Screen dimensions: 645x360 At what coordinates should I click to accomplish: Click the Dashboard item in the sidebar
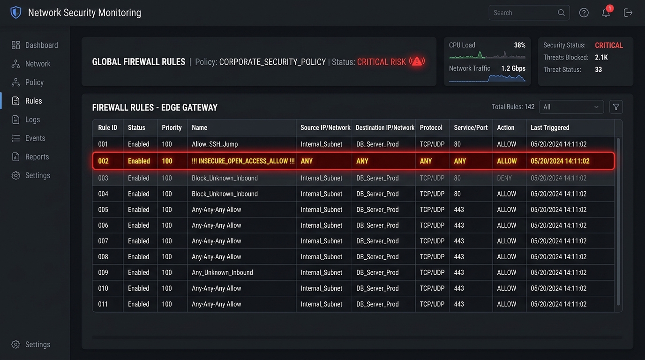(35, 45)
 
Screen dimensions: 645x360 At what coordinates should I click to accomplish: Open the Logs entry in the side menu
(26, 120)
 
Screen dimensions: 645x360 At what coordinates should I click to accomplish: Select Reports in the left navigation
(30, 157)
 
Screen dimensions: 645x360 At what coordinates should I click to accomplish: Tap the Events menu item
(28, 138)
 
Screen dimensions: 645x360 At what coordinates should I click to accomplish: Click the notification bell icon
(606, 13)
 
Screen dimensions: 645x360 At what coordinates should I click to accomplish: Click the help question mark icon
(584, 13)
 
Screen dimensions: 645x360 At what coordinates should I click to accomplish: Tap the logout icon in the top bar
(628, 13)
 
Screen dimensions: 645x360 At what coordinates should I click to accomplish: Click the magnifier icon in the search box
(561, 13)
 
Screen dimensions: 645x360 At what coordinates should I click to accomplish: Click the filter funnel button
(616, 107)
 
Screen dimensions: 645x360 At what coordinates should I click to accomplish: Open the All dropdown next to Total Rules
(571, 107)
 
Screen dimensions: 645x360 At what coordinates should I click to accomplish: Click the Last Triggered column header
(550, 127)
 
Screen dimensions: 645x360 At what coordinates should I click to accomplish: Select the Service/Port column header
(471, 127)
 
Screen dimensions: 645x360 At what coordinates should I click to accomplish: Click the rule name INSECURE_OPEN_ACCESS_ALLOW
(243, 161)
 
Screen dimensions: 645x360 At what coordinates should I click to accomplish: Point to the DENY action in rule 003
(504, 178)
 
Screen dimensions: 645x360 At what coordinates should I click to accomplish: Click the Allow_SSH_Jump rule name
(215, 144)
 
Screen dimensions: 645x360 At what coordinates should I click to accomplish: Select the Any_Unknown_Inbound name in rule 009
(222, 272)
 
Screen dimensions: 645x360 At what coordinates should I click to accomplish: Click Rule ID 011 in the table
(103, 304)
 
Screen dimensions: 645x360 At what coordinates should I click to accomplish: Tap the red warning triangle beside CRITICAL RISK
(417, 61)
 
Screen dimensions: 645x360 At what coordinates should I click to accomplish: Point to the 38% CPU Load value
(519, 45)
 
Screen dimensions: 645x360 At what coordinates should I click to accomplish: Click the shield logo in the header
(16, 13)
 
